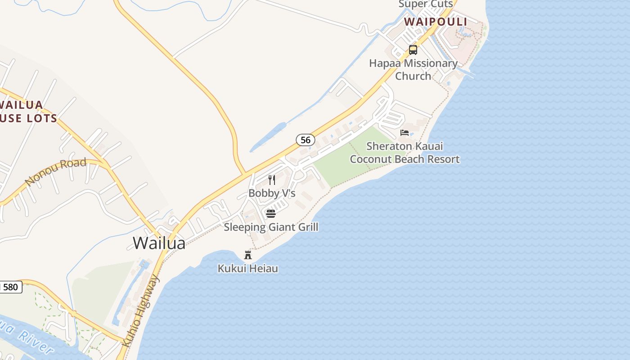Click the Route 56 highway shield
[x=306, y=140]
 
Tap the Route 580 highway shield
[x=11, y=287]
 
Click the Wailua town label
[x=159, y=243]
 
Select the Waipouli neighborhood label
[x=435, y=22]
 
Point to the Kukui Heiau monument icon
[x=248, y=255]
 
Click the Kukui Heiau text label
[x=248, y=269]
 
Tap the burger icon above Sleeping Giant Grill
[x=271, y=213]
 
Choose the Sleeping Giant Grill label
[x=271, y=227]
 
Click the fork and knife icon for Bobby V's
[x=272, y=180]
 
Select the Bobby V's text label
[x=272, y=193]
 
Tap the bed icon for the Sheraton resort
[x=405, y=133]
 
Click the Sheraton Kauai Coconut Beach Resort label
[x=405, y=153]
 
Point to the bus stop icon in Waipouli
[x=413, y=50]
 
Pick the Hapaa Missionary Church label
[x=413, y=70]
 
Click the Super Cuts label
[x=425, y=4]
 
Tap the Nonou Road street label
[x=56, y=171]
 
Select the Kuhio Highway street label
[x=141, y=310]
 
